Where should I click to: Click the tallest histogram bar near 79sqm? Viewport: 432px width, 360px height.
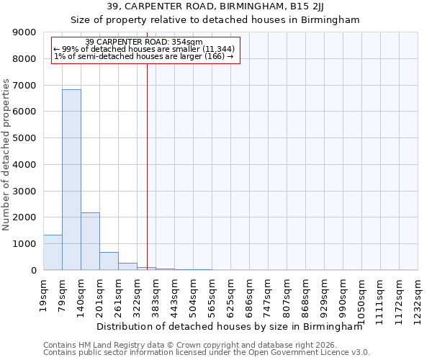click(71, 180)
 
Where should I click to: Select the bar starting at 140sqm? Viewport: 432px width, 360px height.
click(90, 241)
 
